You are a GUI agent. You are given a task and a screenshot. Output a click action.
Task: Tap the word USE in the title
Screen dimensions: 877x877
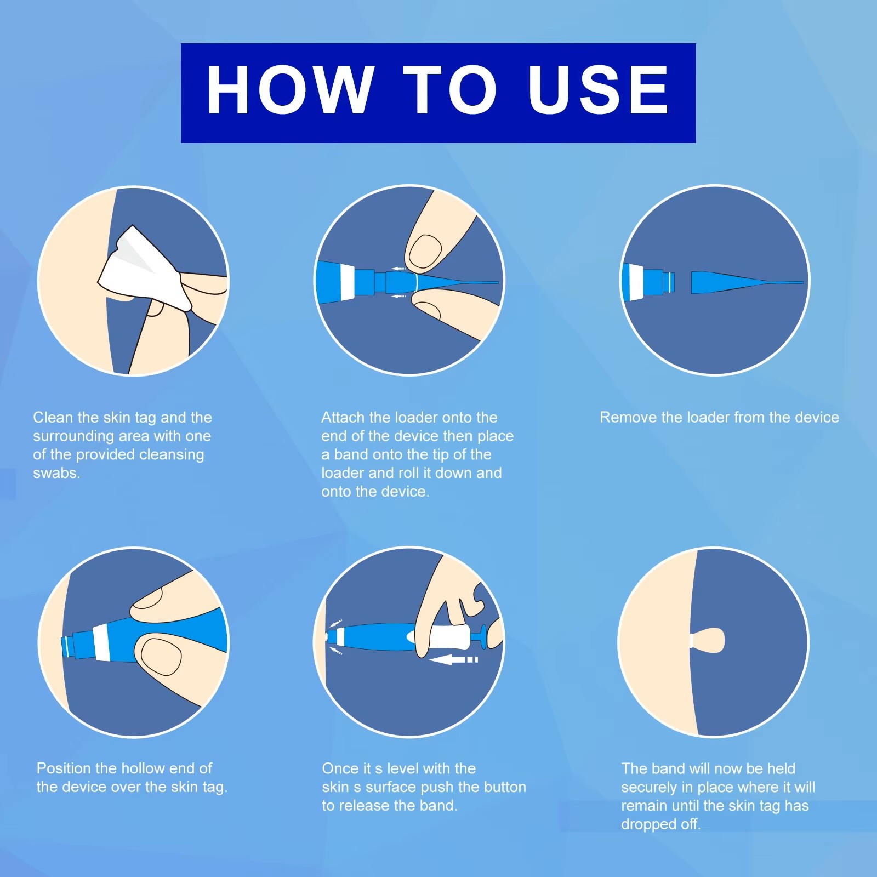pos(599,89)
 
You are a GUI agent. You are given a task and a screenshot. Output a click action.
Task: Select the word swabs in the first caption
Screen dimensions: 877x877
pos(56,473)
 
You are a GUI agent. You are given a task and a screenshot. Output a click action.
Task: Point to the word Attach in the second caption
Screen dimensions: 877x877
pos(343,418)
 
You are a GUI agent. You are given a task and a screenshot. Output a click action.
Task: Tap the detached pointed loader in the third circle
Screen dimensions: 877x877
pos(747,282)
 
